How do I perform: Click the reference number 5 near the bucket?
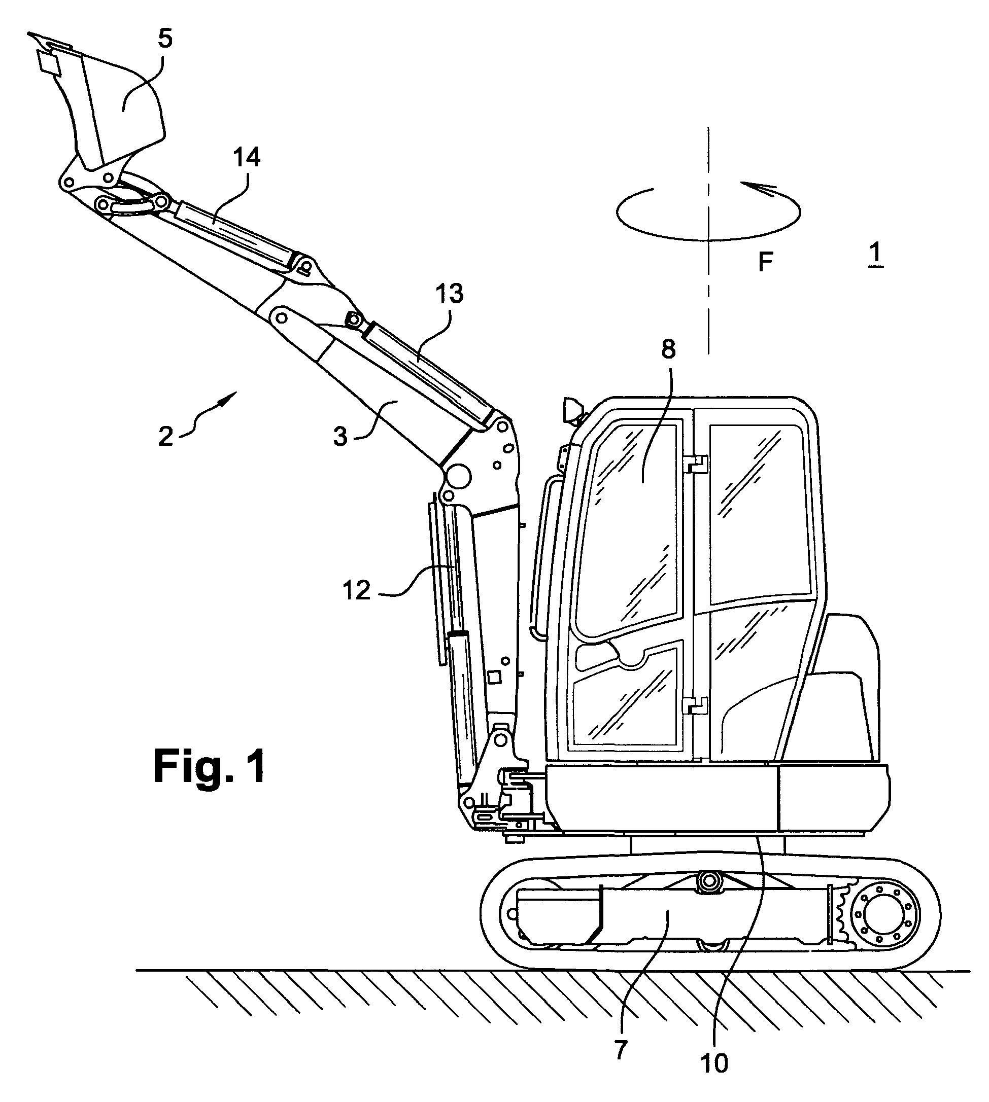click(x=164, y=40)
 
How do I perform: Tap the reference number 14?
click(x=247, y=157)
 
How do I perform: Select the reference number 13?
click(x=450, y=294)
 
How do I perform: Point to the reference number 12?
click(x=356, y=590)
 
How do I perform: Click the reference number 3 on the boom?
click(x=340, y=437)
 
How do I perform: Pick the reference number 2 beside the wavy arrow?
click(x=166, y=436)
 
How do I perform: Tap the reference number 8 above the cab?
click(x=668, y=350)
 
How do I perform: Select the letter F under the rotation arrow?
click(x=766, y=263)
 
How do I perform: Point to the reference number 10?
click(x=714, y=1064)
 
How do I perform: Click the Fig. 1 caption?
click(x=210, y=766)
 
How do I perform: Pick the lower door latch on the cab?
click(x=697, y=705)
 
